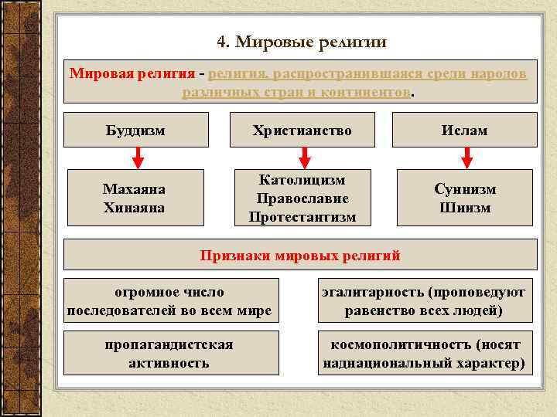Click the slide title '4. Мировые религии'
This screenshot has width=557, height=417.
[301, 41]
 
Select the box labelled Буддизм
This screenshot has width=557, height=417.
[135, 130]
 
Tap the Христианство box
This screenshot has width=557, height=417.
[302, 130]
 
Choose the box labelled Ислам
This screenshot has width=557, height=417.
[465, 130]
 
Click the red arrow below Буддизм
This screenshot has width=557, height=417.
[137, 158]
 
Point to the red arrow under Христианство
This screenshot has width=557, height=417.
[304, 158]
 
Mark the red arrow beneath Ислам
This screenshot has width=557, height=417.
[466, 158]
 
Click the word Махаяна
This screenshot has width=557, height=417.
[134, 189]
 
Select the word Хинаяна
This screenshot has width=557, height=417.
[134, 207]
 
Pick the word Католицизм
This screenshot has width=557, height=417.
[302, 180]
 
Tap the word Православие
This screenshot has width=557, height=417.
[302, 198]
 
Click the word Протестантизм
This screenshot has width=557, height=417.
[302, 217]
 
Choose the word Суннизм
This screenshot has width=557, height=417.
[465, 189]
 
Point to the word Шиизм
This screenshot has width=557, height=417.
[465, 207]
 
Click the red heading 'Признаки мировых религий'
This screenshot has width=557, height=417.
[300, 255]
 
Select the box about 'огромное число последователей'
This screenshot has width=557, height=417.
[170, 301]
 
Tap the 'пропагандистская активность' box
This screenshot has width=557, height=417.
[170, 353]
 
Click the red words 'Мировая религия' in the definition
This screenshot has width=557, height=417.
[132, 73]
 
